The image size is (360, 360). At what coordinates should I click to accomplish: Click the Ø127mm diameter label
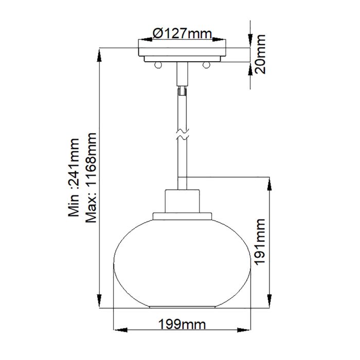(x=183, y=34)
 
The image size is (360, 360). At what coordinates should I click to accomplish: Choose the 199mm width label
(x=182, y=325)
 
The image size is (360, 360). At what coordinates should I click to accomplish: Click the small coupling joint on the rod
(x=182, y=92)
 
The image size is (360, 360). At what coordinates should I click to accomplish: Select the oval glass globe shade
(x=182, y=262)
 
